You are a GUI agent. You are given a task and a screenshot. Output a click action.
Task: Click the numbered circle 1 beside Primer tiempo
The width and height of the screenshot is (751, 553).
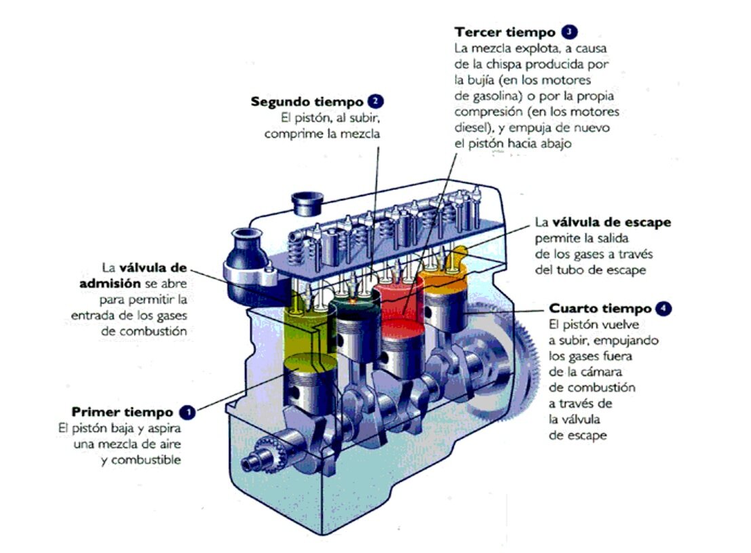[187, 412]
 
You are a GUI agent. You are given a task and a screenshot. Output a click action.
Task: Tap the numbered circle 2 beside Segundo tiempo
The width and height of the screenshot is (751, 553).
[376, 102]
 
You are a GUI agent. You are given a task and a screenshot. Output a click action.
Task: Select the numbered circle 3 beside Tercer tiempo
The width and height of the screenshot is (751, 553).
[569, 32]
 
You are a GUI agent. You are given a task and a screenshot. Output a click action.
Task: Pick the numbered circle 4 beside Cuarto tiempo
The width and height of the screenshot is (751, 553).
[663, 308]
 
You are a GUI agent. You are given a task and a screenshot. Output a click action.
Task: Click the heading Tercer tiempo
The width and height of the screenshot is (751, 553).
[505, 32]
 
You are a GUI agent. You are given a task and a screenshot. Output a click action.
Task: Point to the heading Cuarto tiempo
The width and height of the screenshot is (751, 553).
[600, 308]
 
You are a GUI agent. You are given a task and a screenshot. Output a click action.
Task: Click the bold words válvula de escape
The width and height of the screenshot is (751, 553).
[612, 223]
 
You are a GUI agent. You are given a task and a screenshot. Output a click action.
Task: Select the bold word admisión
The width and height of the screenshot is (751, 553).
[110, 284]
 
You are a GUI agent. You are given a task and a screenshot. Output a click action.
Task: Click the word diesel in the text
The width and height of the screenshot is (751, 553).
[471, 128]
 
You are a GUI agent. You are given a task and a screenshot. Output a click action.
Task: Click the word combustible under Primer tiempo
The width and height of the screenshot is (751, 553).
[146, 460]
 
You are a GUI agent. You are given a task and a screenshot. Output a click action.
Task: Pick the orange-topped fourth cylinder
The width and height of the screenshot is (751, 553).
[442, 283]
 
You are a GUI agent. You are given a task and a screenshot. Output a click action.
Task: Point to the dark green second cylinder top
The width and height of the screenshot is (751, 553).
[355, 306]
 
